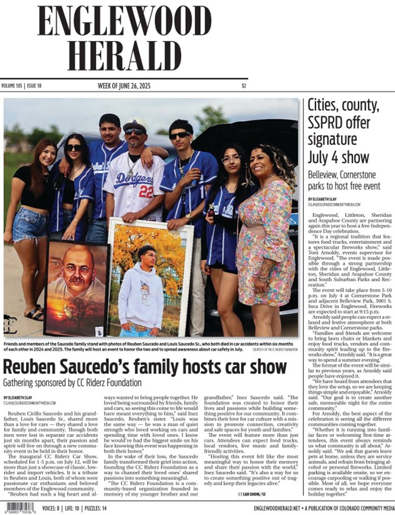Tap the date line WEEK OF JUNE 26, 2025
pos(124,86)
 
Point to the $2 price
pos(244,86)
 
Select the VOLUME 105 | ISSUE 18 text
pos(21,86)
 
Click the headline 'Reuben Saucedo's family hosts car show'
pos(144,366)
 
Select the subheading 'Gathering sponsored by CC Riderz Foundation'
pos(72,383)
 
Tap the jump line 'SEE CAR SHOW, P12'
pos(252,494)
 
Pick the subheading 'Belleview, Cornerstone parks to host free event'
pos(344,180)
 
